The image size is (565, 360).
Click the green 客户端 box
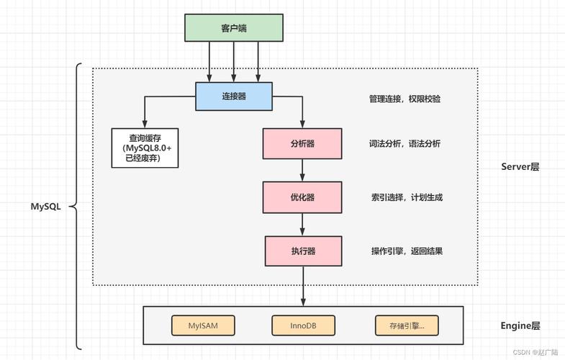point(234,28)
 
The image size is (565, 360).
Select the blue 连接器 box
point(234,96)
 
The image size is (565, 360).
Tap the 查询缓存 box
point(145,148)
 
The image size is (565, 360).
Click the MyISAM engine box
point(204,325)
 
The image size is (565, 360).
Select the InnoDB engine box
point(304,325)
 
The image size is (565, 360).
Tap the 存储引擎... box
point(407,325)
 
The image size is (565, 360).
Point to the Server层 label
point(520,167)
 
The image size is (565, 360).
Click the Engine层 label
point(520,325)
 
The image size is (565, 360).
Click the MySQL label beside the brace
point(45,206)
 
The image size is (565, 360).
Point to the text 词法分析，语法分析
point(404,144)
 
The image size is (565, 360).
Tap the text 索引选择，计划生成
point(404,197)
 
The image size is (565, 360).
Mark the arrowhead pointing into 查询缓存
point(145,124)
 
